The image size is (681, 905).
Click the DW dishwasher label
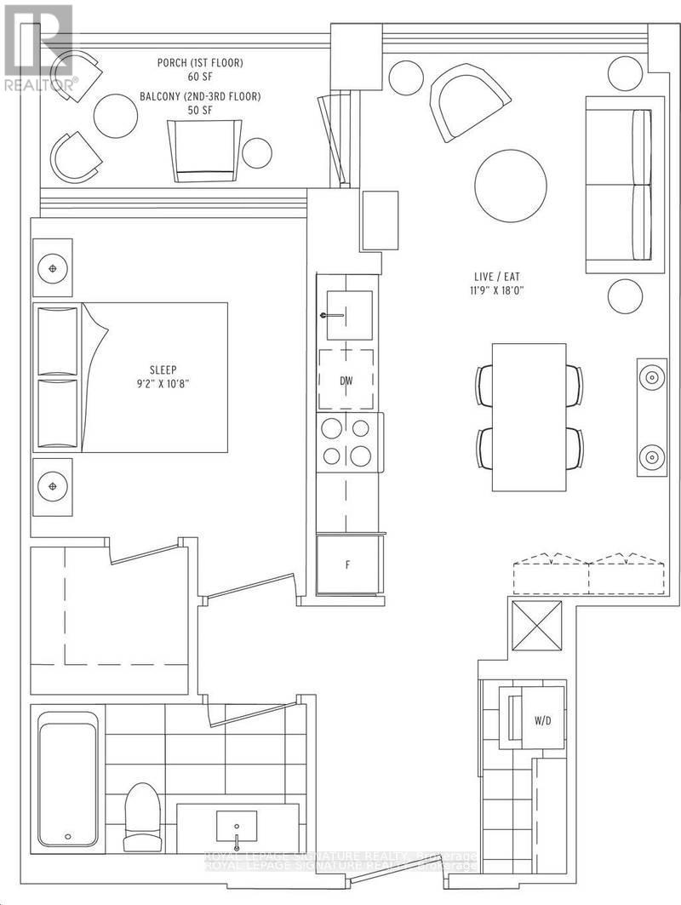pyautogui.click(x=346, y=381)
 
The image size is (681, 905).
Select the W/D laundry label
pyautogui.click(x=543, y=721)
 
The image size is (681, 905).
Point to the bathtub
pyautogui.click(x=68, y=780)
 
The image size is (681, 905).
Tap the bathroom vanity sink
pyautogui.click(x=236, y=826)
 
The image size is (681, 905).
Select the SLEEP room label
pyautogui.click(x=163, y=369)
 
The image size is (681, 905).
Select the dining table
pyautogui.click(x=529, y=416)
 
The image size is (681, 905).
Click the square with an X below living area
pyautogui.click(x=535, y=626)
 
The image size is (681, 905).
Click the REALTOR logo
pyautogui.click(x=39, y=47)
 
